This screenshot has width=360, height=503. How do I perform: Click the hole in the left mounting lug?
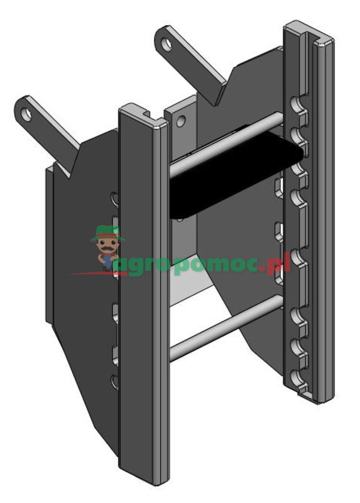[x=26, y=114]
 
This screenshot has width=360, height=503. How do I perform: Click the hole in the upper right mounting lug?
[x=166, y=44]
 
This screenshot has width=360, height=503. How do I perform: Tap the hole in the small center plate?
[x=181, y=121]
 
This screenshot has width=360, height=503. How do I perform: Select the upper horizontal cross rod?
[x=226, y=145]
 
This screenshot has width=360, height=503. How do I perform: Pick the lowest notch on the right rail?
[x=299, y=375]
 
